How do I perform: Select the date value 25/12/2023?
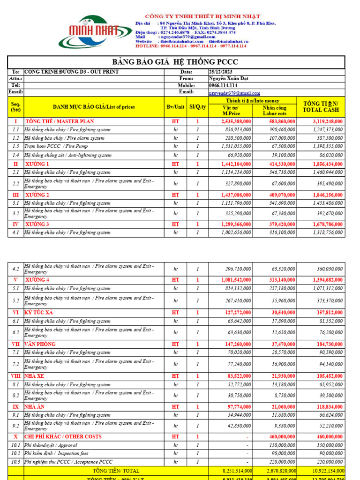pos(222,72)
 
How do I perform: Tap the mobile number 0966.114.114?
pos(223,86)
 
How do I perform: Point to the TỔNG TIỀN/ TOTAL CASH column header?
pos(321,106)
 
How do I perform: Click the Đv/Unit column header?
pos(175,107)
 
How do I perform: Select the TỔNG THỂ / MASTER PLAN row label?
pos(60,121)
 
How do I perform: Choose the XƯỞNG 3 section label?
pos(37,225)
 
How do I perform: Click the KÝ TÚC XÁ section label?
pos(40,312)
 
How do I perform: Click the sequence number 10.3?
pos(15,462)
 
